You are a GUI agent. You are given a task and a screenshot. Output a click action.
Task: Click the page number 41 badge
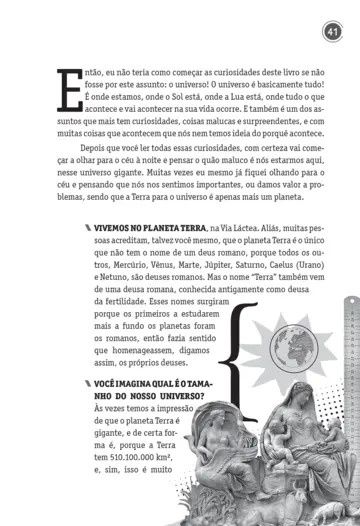(333, 34)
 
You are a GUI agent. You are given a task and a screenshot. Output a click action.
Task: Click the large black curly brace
(237, 361)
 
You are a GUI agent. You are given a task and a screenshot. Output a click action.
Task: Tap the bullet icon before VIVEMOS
(87, 229)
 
